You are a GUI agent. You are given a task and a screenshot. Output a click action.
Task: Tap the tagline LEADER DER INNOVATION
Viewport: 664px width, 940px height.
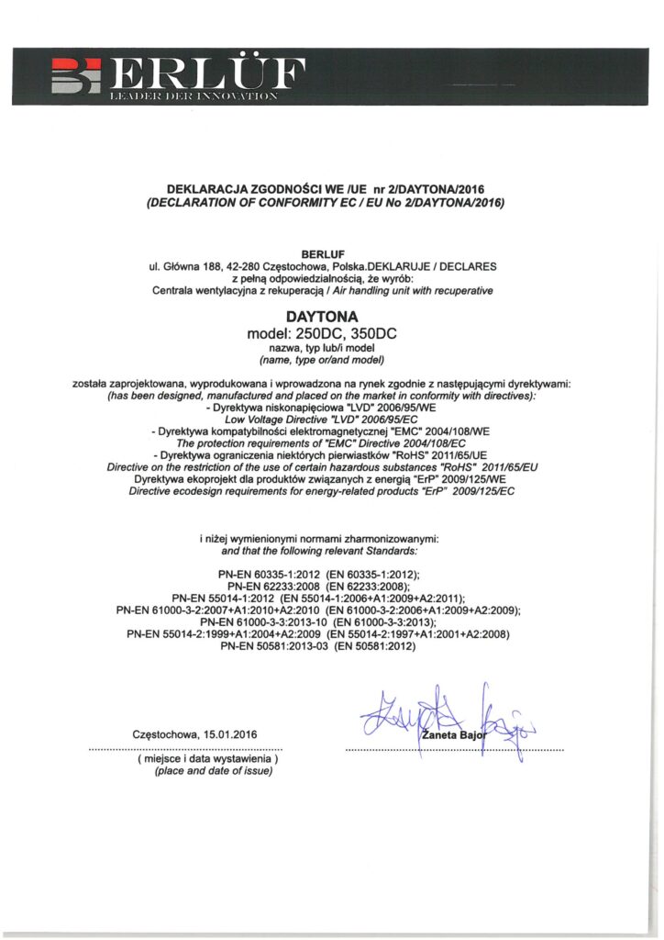pyautogui.click(x=194, y=95)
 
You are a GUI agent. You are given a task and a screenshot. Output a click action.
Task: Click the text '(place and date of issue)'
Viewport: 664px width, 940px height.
pyautogui.click(x=214, y=771)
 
